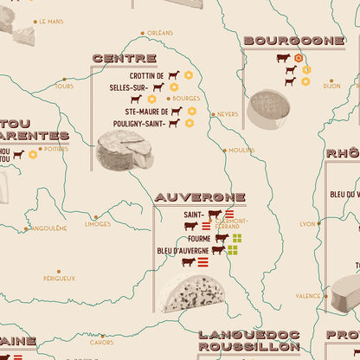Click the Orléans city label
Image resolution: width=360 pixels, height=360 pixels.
[x=160, y=33]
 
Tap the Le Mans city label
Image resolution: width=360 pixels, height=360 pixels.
[x=48, y=21]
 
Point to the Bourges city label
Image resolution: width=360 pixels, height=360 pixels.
[x=186, y=99]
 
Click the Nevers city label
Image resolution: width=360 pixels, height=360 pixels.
[x=228, y=113]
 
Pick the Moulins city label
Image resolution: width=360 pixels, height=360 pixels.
[x=241, y=150]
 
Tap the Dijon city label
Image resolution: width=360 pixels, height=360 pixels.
[x=331, y=86]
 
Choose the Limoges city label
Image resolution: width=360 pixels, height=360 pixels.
[x=98, y=223]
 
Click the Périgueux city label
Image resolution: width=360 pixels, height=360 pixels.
[x=59, y=278]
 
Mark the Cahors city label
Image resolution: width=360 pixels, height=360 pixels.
[x=102, y=342]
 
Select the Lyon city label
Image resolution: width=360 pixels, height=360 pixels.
[x=307, y=223]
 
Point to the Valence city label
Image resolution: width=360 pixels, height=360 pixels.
[x=307, y=296]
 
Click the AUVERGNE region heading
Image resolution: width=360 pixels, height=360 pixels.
[x=200, y=197]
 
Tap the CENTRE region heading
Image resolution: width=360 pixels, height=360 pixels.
[x=123, y=58]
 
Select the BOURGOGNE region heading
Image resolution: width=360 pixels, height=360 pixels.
[x=294, y=40]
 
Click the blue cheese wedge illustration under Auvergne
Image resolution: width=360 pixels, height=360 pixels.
[x=191, y=293]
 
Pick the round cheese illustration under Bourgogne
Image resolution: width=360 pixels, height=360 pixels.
[x=268, y=109]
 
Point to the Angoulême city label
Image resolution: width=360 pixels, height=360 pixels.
[x=48, y=228]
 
